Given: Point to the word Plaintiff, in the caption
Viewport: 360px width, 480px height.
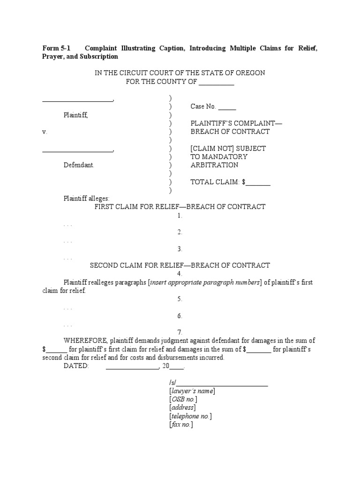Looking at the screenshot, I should (x=76, y=115).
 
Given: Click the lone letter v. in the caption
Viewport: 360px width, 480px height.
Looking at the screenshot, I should (x=45, y=132).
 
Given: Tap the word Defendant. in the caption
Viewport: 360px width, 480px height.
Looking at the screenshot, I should (x=79, y=165).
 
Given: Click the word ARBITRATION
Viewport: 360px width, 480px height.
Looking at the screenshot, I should (x=214, y=165).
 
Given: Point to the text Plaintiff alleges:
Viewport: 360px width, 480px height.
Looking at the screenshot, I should (x=86, y=198).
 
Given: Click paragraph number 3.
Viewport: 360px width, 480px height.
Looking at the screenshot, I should (x=180, y=249).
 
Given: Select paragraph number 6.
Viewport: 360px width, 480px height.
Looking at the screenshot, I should (x=180, y=315).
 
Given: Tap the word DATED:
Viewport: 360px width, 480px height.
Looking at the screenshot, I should (x=76, y=366).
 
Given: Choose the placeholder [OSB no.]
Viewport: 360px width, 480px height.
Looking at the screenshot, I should (x=183, y=399).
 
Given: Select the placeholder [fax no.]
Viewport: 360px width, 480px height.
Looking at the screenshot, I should (x=181, y=424).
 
